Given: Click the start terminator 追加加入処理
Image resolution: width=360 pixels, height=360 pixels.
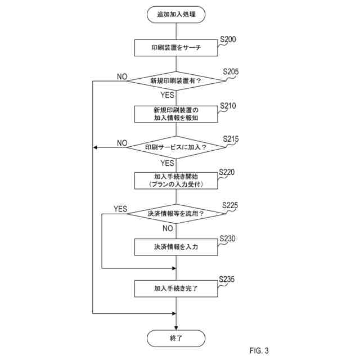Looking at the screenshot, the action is [x=176, y=15].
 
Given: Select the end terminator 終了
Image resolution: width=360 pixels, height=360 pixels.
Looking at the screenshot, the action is [x=176, y=338].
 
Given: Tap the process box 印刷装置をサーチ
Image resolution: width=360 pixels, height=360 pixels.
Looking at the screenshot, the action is [x=176, y=47].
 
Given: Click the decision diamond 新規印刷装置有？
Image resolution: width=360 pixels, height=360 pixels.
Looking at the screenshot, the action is [x=176, y=81].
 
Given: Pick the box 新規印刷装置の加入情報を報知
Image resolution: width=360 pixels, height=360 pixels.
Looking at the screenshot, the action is [x=176, y=114].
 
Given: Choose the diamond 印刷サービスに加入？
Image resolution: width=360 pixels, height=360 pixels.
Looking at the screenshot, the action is [x=176, y=147].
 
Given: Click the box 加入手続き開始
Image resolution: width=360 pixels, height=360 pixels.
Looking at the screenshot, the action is [x=176, y=181].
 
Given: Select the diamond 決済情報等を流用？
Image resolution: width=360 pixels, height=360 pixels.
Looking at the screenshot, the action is [x=176, y=214].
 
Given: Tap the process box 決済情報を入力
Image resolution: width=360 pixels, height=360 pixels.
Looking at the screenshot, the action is [x=176, y=247].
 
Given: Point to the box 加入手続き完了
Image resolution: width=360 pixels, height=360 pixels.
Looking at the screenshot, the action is [x=176, y=289].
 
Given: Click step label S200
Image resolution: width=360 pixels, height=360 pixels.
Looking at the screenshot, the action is [x=228, y=39].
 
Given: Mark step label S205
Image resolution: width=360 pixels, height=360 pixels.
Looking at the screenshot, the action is [x=231, y=71].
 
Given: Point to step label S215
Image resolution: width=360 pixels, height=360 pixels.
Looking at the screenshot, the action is [x=231, y=139].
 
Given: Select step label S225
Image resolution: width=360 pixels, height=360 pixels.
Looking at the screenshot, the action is [x=230, y=205].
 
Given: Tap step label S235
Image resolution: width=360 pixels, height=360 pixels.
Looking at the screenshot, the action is [x=227, y=279].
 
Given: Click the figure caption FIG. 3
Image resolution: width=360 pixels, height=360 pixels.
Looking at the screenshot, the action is [x=259, y=350].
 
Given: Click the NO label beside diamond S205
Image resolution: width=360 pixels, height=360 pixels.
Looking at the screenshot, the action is [x=122, y=76].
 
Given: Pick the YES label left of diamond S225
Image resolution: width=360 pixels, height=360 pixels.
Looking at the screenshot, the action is [x=120, y=209].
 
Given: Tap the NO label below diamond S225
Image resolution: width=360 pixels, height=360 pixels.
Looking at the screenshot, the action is [x=168, y=228].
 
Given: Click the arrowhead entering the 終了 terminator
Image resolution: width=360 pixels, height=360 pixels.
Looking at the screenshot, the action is [x=176, y=328].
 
